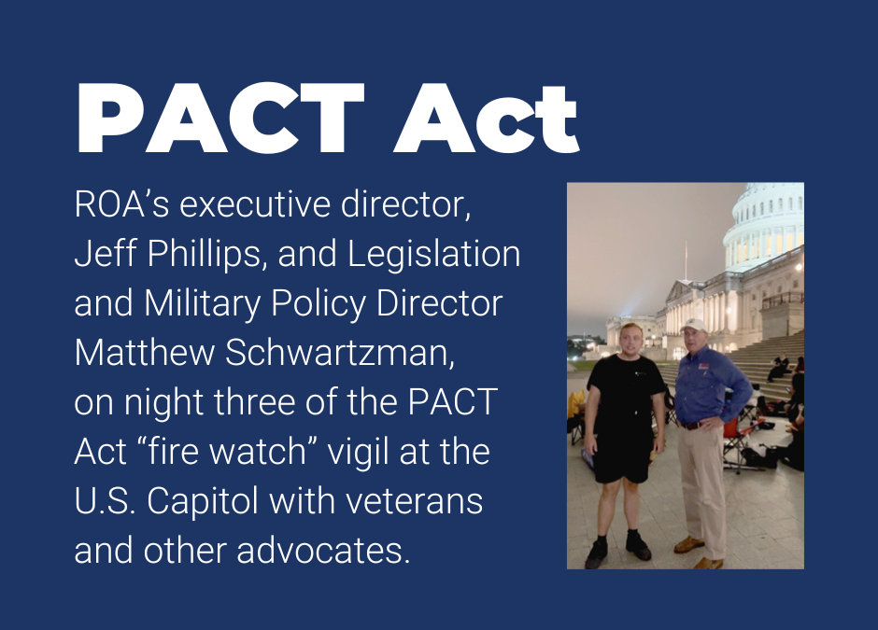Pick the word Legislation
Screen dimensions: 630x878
point(433,254)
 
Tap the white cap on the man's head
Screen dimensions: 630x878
point(694,325)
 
